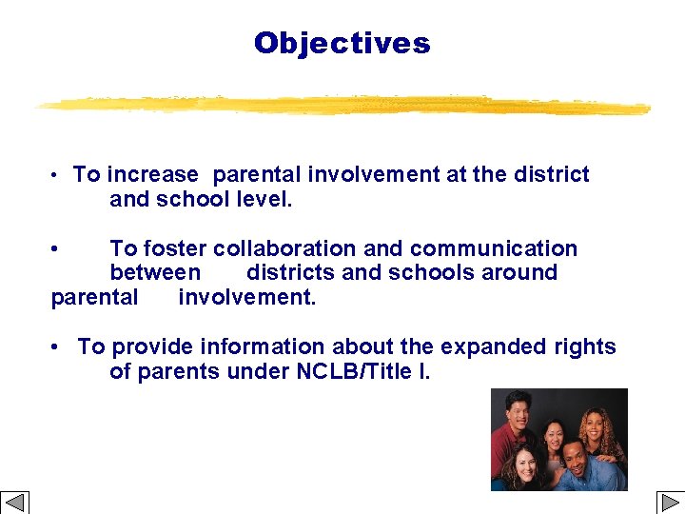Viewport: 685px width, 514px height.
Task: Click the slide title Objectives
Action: pyautogui.click(x=342, y=43)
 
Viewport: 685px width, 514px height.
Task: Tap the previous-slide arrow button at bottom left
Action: pyautogui.click(x=15, y=502)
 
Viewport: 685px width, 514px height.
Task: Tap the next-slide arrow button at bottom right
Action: pyautogui.click(x=669, y=502)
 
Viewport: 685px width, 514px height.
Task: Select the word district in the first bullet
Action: pyautogui.click(x=553, y=175)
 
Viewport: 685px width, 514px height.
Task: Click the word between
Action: pyautogui.click(x=155, y=273)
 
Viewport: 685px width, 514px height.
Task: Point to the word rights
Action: pyautogui.click(x=585, y=347)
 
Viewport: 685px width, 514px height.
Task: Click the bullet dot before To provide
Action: pyautogui.click(x=59, y=347)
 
